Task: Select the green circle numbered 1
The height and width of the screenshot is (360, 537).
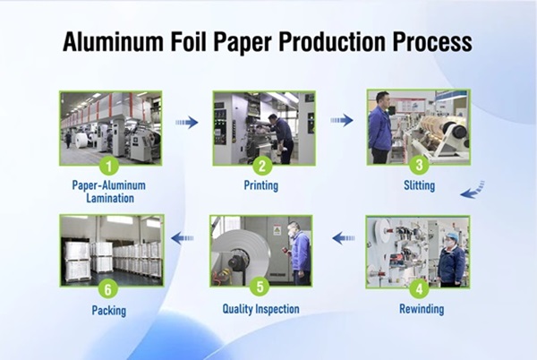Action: pyautogui.click(x=109, y=166)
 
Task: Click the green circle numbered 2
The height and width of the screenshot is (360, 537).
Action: pyautogui.click(x=261, y=166)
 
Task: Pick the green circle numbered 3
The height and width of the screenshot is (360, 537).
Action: pyautogui.click(x=416, y=165)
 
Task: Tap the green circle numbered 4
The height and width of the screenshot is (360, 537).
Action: pyautogui.click(x=417, y=288)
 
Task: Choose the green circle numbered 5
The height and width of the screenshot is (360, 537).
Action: pyautogui.click(x=260, y=288)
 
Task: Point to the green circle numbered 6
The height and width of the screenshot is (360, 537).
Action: pyautogui.click(x=109, y=288)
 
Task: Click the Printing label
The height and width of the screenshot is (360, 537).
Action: pyautogui.click(x=261, y=186)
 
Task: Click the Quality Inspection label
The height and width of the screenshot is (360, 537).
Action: pyautogui.click(x=261, y=310)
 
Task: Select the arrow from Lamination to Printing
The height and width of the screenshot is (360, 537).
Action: pyautogui.click(x=186, y=123)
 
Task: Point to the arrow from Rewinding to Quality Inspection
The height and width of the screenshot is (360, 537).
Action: pyautogui.click(x=341, y=238)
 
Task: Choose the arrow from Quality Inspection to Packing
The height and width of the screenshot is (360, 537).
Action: pyautogui.click(x=183, y=238)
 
